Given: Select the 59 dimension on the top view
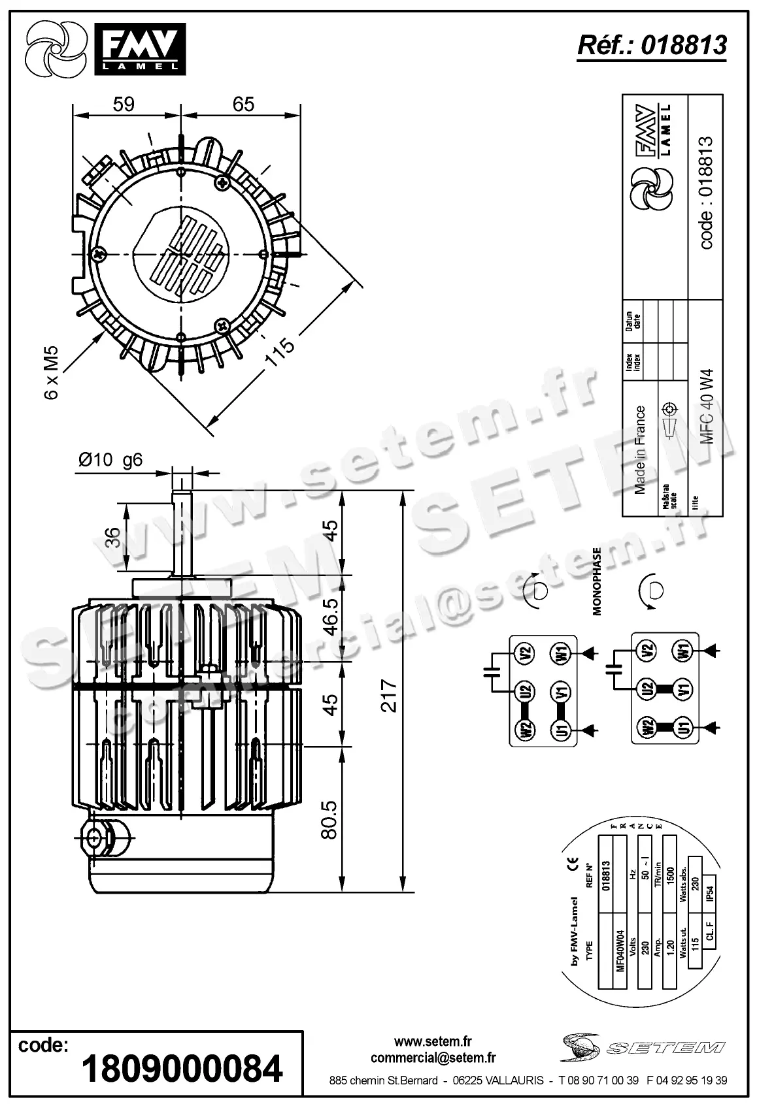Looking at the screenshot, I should (124, 104).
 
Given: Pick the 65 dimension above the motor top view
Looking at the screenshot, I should (243, 104).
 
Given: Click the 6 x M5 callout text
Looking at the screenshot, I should (52, 373).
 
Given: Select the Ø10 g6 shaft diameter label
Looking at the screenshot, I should (110, 460).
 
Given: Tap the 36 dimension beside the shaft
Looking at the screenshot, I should (113, 536).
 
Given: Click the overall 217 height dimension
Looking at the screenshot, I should (389, 695).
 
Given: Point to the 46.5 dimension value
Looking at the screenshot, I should (330, 616).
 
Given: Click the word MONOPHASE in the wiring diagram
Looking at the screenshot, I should (596, 582).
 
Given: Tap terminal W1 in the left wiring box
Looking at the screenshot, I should (561, 652).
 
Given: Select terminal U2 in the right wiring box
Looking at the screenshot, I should (647, 688).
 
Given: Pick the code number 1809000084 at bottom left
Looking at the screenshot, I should (182, 1069).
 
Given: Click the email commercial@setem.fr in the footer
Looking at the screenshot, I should (433, 1058).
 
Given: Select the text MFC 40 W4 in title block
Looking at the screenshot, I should (707, 406).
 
